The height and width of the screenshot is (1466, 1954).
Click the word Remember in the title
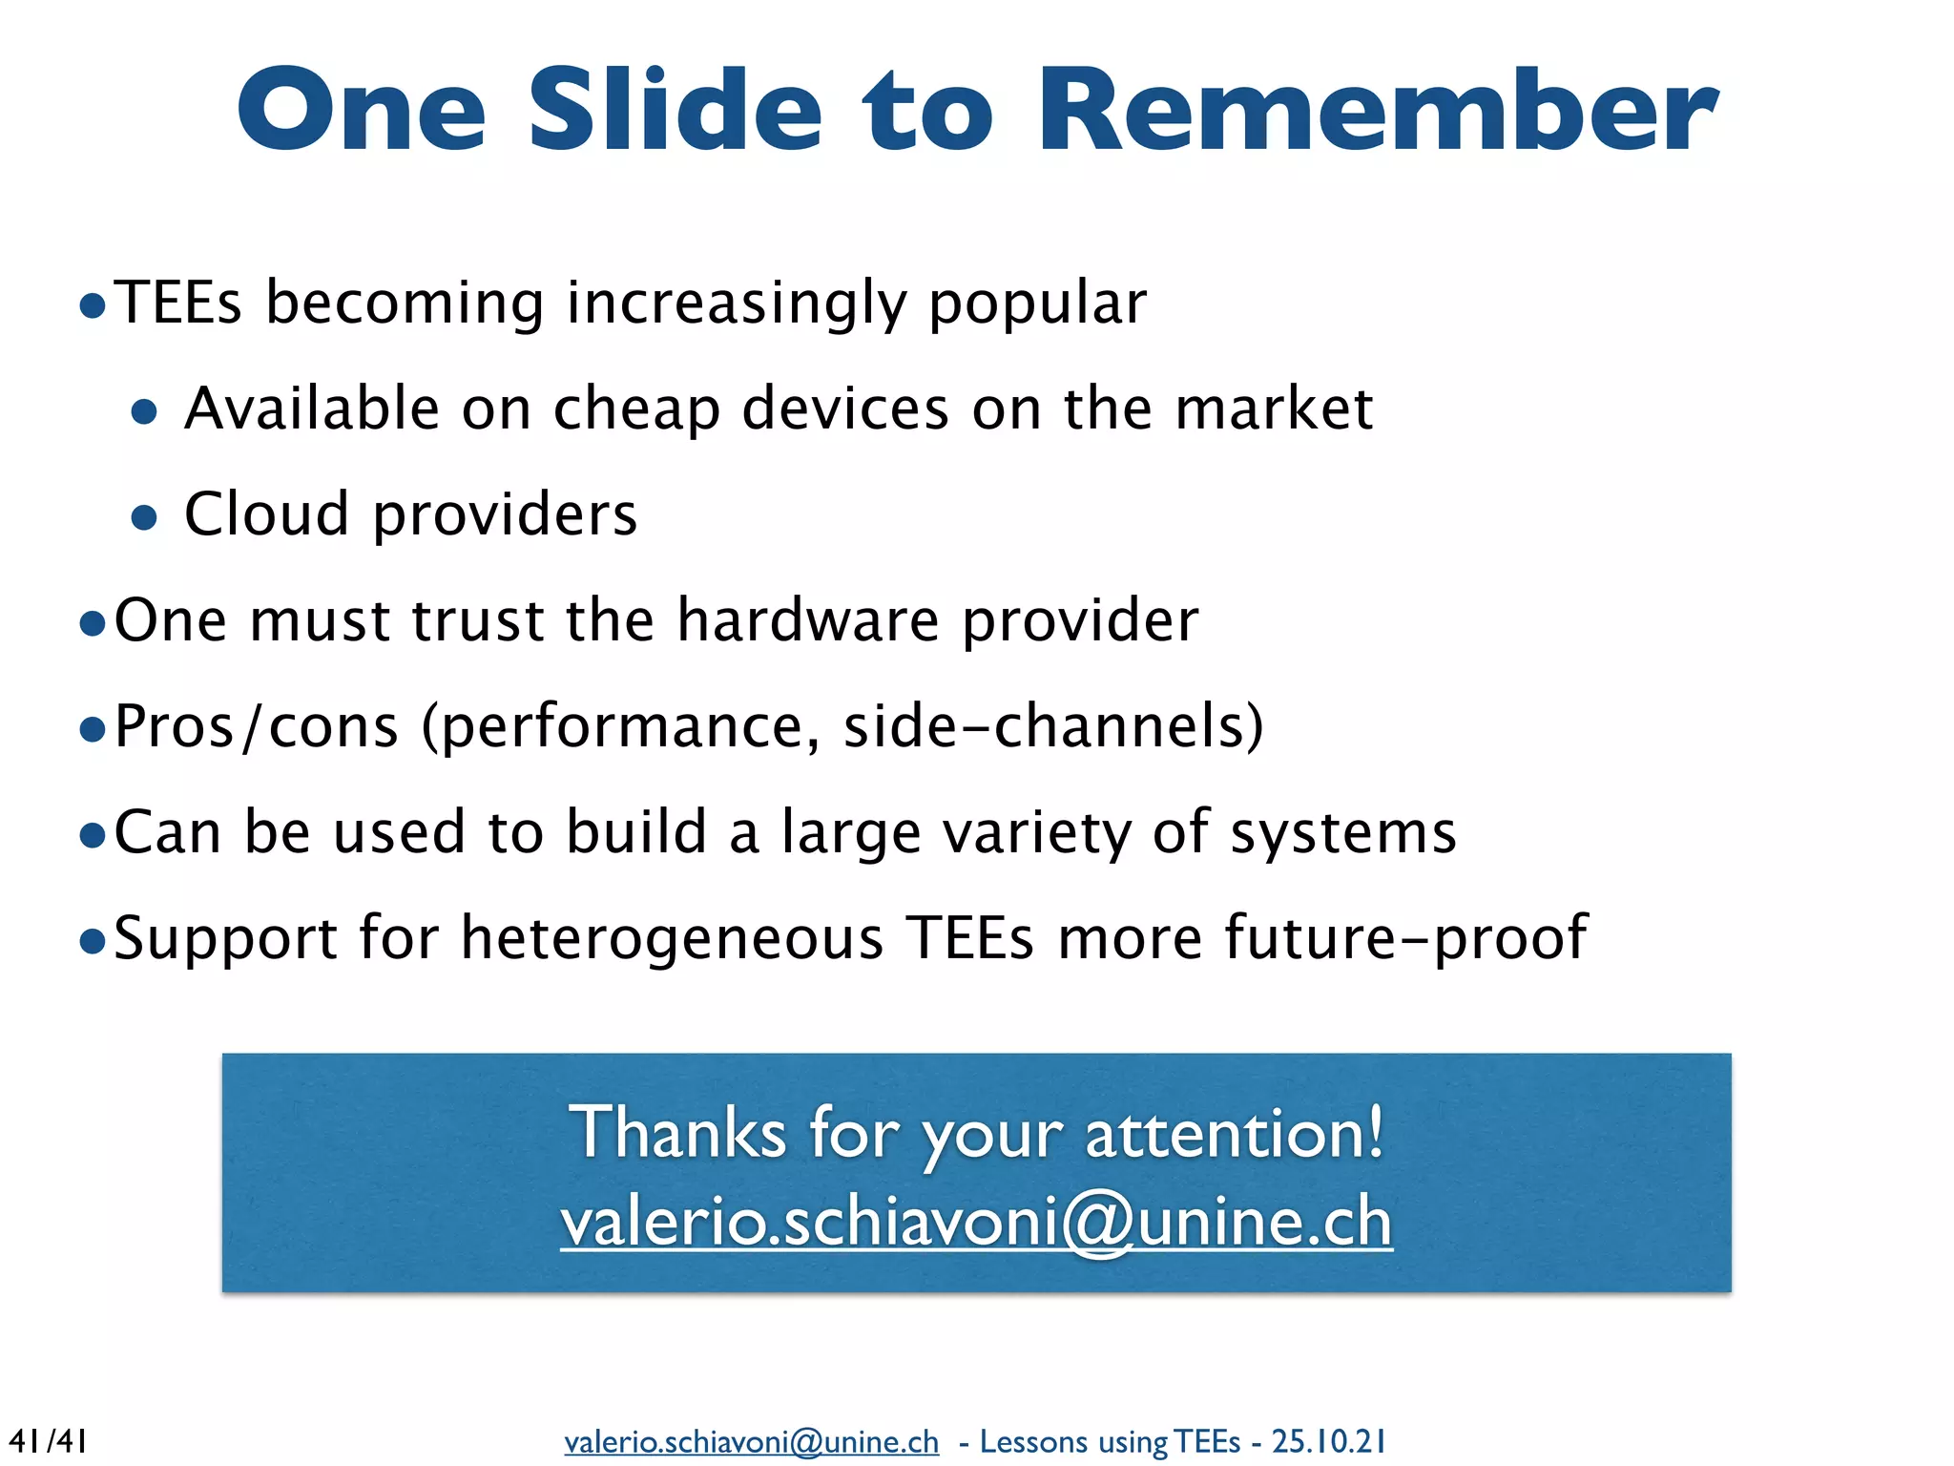(1379, 110)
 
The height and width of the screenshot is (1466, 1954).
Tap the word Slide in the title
(675, 110)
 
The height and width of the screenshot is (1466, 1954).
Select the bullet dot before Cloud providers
(144, 517)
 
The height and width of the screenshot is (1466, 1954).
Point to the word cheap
(636, 410)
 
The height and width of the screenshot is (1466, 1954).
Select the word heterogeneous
(673, 939)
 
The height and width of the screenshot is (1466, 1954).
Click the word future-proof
(1405, 939)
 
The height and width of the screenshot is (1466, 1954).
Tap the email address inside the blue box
(976, 1222)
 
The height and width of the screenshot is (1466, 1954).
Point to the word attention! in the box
(1234, 1134)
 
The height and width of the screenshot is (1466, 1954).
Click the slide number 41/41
(48, 1440)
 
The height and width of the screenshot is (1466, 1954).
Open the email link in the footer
(751, 1441)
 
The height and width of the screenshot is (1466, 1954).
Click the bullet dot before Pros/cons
(93, 730)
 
